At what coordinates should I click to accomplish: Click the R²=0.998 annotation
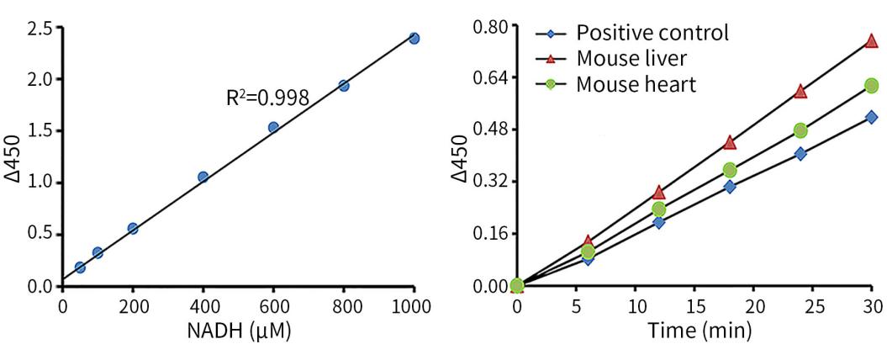pyautogui.click(x=267, y=98)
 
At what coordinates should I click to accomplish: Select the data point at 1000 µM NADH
pyautogui.click(x=414, y=38)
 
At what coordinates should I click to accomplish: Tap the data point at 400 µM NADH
pyautogui.click(x=203, y=177)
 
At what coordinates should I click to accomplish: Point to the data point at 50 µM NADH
pyautogui.click(x=80, y=267)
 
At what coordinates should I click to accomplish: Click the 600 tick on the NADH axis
pyautogui.click(x=273, y=305)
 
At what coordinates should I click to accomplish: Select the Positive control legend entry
pyautogui.click(x=652, y=34)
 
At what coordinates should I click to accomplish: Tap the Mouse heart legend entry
pyautogui.click(x=636, y=84)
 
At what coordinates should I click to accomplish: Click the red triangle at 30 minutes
pyautogui.click(x=871, y=40)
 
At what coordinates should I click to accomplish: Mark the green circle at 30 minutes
pyautogui.click(x=871, y=85)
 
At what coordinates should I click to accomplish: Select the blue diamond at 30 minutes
pyautogui.click(x=871, y=117)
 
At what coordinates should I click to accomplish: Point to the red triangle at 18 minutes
pyautogui.click(x=730, y=142)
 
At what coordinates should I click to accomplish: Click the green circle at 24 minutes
pyautogui.click(x=800, y=130)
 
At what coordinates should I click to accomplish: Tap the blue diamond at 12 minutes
pyautogui.click(x=659, y=222)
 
